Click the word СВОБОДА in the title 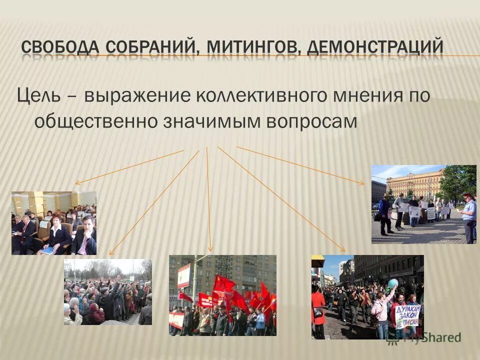(61, 48)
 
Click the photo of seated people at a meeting (54, 223)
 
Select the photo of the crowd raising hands (107, 292)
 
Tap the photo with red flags (222, 295)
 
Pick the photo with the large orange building (423, 204)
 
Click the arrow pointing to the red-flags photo (208, 200)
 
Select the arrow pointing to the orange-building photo (300, 165)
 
